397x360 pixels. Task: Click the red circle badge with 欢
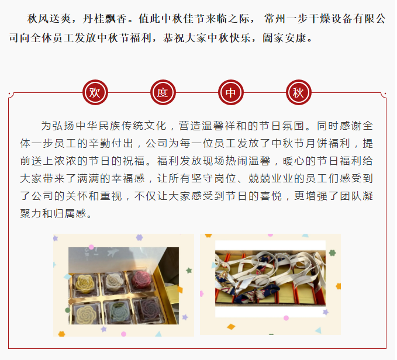pos(95,92)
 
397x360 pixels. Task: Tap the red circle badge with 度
pos(163,92)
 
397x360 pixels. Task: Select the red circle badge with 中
pos(231,92)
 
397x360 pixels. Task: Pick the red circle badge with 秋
pos(299,92)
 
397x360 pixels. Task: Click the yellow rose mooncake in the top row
pos(85,284)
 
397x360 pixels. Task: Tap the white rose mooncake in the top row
pos(115,282)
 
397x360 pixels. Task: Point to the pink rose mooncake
pos(142,279)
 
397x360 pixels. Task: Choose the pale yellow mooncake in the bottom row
pos(86,314)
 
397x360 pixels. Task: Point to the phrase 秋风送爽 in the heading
pos(49,19)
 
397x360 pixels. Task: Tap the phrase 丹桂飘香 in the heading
pos(105,19)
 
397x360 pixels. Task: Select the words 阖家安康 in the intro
pos(284,38)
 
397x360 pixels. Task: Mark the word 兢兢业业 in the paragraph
pos(271,179)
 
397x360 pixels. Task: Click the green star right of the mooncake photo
pos(189,271)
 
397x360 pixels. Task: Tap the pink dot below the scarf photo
pos(286,318)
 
